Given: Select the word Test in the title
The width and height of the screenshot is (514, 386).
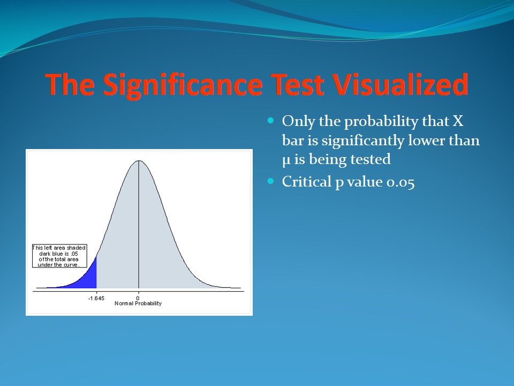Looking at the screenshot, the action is click(297, 85).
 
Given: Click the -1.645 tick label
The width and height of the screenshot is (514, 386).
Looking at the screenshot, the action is click(96, 298).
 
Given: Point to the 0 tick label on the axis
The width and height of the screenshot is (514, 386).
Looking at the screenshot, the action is click(138, 298).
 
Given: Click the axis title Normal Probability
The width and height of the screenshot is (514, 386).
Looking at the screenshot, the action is click(138, 303).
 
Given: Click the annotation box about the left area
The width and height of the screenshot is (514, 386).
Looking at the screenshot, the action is click(59, 256).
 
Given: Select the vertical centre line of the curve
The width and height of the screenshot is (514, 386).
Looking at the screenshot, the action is click(139, 224).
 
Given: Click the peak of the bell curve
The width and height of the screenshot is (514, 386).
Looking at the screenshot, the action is click(139, 161).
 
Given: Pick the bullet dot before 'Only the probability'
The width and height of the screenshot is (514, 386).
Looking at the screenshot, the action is click(270, 121).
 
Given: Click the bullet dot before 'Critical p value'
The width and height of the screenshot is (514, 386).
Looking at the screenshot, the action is click(270, 181).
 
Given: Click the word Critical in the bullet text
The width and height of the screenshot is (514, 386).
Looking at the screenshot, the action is click(306, 182).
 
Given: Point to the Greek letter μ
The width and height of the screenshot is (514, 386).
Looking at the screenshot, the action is click(286, 161).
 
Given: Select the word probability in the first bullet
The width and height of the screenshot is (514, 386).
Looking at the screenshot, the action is click(381, 122).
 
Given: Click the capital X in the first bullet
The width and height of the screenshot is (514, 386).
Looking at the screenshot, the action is click(458, 121).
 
